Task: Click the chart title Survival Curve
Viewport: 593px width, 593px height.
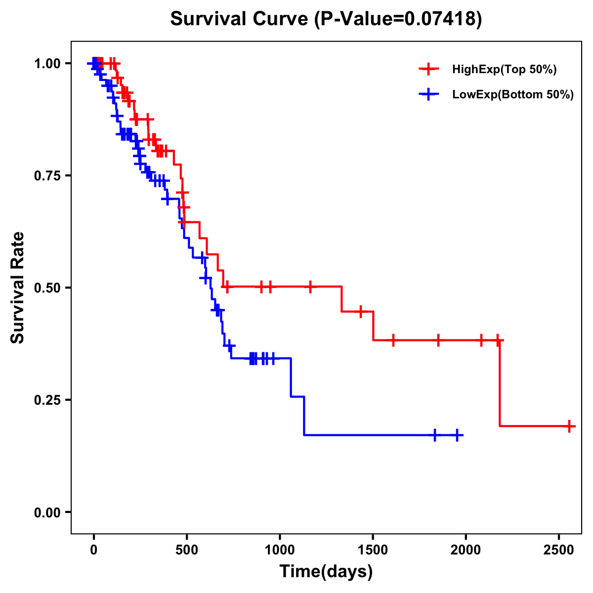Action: point(240,19)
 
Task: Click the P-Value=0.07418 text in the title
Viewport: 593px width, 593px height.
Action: point(398,19)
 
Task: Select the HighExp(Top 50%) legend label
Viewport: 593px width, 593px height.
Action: point(504,70)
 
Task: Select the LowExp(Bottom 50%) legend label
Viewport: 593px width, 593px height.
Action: point(513,95)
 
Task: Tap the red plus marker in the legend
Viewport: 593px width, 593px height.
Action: point(428,69)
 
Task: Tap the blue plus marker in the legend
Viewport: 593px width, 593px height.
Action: point(428,94)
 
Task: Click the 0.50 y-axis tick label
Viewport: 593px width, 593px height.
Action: point(47,288)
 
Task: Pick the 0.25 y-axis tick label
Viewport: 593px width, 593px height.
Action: point(47,400)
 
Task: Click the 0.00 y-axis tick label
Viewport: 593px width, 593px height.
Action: point(47,512)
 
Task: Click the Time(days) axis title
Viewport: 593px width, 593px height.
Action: point(326,572)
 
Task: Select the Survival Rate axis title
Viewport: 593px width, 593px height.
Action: point(18,288)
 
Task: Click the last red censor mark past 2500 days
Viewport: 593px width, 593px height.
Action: point(569,425)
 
